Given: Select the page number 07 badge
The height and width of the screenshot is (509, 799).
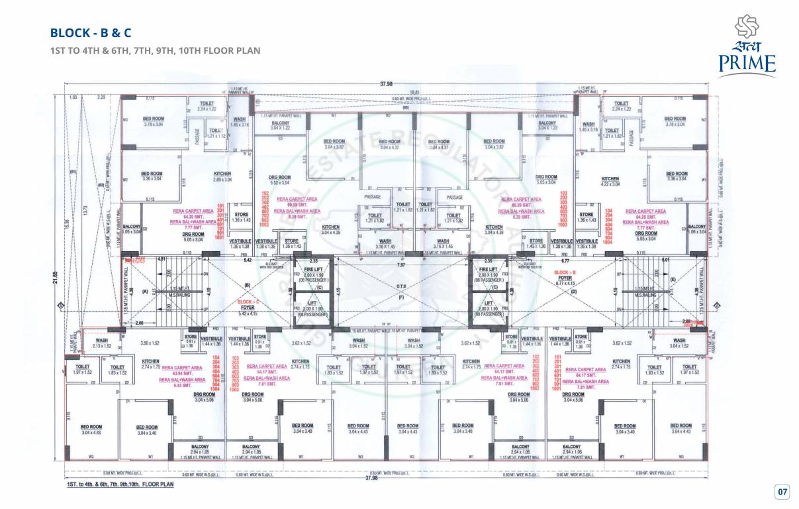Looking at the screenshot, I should (x=782, y=491).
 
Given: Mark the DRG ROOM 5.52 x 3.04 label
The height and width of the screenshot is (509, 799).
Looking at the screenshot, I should (x=280, y=180).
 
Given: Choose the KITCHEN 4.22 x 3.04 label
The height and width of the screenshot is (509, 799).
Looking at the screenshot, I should (x=610, y=181).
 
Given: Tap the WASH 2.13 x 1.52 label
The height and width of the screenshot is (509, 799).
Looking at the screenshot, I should (x=102, y=343).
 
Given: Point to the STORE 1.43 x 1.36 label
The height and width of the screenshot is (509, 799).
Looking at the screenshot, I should (x=536, y=243).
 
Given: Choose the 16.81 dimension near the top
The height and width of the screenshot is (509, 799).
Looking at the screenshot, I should (x=414, y=91).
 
